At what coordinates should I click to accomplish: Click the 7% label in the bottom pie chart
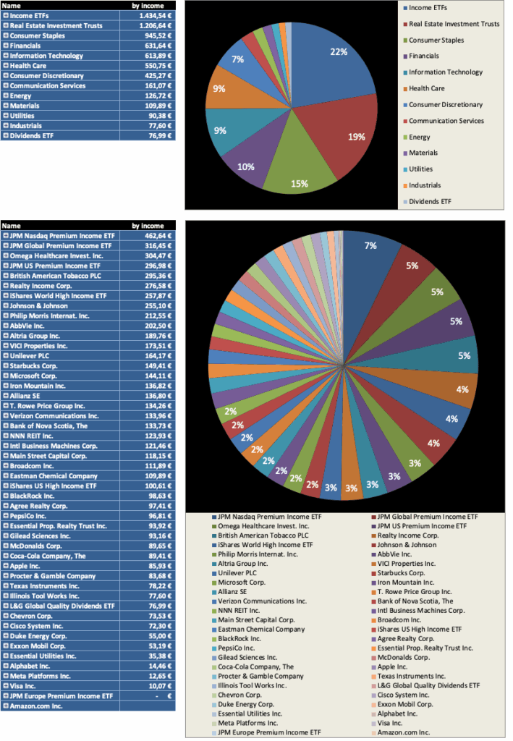pyautogui.click(x=370, y=246)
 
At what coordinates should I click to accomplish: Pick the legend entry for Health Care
pyautogui.click(x=426, y=88)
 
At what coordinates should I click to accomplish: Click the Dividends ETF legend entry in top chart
pyautogui.click(x=430, y=202)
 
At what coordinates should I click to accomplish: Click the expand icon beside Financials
pyautogui.click(x=5, y=46)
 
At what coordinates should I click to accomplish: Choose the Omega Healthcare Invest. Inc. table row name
pyautogui.click(x=47, y=255)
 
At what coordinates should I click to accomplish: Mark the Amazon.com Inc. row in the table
pyautogui.click(x=36, y=705)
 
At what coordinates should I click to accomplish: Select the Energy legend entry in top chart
pyautogui.click(x=419, y=137)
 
